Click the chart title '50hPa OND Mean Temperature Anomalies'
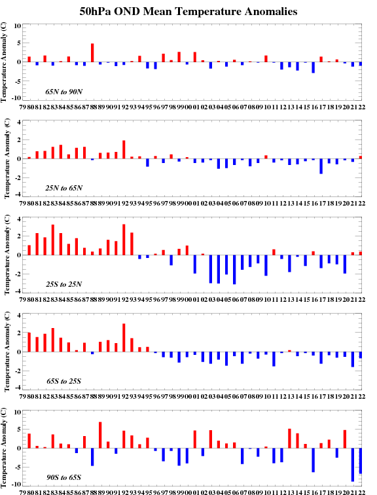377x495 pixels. (188, 12)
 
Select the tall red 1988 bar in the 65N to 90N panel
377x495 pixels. (92, 53)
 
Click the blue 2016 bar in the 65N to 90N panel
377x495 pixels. (314, 67)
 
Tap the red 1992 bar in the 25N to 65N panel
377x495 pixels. (124, 150)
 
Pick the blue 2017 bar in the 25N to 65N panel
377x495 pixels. (321, 166)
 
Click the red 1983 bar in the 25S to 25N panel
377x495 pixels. (53, 240)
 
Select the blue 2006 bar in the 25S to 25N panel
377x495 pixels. (234, 270)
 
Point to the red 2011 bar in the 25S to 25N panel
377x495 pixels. (274, 252)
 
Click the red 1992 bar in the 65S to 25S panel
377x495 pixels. (124, 338)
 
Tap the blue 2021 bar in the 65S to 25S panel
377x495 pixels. (353, 359)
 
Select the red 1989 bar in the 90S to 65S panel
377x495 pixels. (100, 435)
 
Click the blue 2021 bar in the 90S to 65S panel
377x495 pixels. (353, 465)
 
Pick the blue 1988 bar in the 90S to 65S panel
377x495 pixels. (92, 457)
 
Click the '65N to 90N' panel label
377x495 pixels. (63, 92)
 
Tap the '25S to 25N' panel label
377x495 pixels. (63, 284)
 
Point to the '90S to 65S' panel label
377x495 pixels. (63, 477)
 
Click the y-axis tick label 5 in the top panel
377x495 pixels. (18, 43)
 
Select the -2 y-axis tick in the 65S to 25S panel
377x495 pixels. (17, 371)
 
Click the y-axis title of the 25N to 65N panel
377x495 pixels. (7, 159)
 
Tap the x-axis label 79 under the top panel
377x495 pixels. (23, 107)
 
